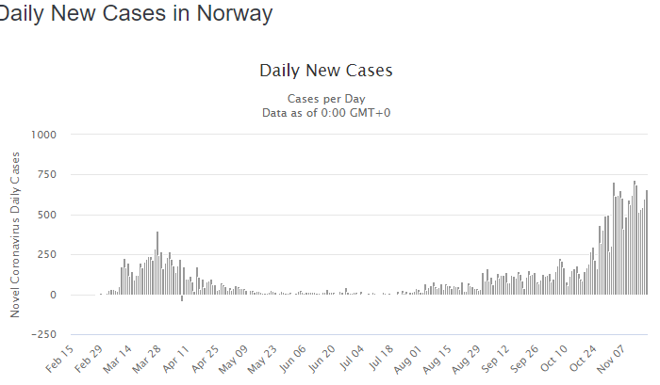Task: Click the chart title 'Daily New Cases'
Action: point(325,71)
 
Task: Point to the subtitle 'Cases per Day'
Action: point(326,99)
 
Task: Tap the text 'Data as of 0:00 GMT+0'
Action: point(326,113)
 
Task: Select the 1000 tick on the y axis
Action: point(42,135)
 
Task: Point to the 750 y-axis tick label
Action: point(46,175)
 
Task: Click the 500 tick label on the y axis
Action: point(46,215)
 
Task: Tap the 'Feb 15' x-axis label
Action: point(57,361)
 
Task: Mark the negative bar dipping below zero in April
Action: point(182,298)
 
